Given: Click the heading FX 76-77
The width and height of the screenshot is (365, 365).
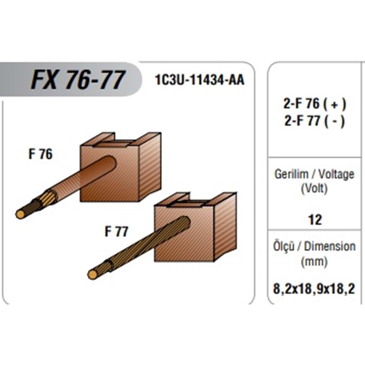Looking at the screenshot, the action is pyautogui.click(x=78, y=80).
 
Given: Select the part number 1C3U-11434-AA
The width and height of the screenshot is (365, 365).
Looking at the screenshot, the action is pyautogui.click(x=200, y=80).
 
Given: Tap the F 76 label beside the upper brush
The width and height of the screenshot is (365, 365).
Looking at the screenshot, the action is pyautogui.click(x=41, y=154).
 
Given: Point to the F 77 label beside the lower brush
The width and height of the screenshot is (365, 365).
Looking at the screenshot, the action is pyautogui.click(x=116, y=231).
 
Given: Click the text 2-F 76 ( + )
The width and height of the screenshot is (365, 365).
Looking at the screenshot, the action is pyautogui.click(x=315, y=104).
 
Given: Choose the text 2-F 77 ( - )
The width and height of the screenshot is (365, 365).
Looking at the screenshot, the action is pyautogui.click(x=315, y=121).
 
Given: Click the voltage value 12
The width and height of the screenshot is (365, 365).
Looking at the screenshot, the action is pyautogui.click(x=315, y=219).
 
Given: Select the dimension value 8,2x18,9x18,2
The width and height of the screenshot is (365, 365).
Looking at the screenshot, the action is pyautogui.click(x=314, y=289).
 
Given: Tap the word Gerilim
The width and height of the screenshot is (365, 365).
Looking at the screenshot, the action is pyautogui.click(x=291, y=174).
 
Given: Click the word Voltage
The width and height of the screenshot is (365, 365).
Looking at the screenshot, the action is pyautogui.click(x=336, y=175).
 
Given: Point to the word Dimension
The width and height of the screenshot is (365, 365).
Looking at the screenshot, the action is pyautogui.click(x=330, y=246).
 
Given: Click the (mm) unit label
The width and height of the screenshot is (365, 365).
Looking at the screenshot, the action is pyautogui.click(x=314, y=262).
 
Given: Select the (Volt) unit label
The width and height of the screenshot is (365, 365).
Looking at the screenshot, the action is pyautogui.click(x=314, y=189).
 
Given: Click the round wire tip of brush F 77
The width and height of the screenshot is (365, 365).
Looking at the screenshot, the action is pyautogui.click(x=93, y=275).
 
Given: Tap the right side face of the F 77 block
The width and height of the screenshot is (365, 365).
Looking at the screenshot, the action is pyautogui.click(x=225, y=227).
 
